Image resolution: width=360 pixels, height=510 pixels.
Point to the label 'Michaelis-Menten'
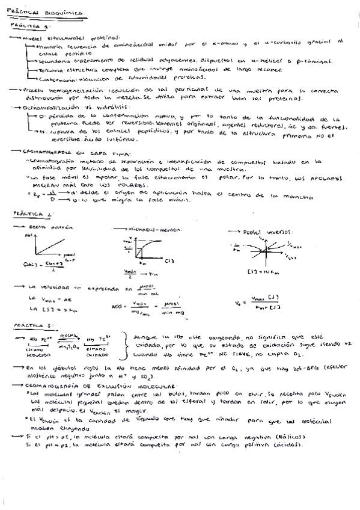[x=148, y=230]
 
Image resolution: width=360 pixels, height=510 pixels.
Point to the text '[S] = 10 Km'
[x=261, y=271]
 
